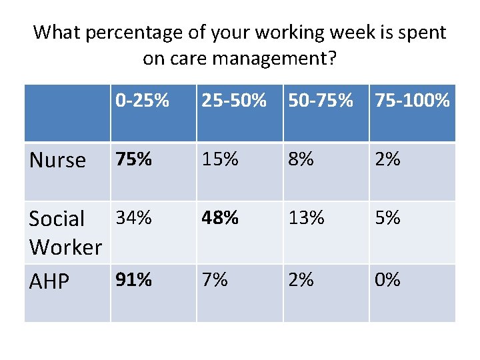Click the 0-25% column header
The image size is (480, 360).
coord(141,101)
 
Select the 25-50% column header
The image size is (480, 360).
coord(233,101)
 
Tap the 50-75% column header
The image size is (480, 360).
coord(320,101)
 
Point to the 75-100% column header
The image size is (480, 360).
coord(412,101)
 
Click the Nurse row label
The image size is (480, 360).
coord(58,160)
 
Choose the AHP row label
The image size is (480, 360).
coord(49,282)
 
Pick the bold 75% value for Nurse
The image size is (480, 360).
coord(133,159)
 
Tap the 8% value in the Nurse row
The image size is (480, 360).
coord(299,159)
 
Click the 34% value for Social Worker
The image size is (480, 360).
coord(133,217)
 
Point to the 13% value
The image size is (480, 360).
coord(306,217)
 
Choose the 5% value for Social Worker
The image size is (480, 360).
coord(387,217)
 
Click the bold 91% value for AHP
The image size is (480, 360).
coord(133,279)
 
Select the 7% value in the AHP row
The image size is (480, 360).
coord(215,279)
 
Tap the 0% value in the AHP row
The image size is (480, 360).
coord(387,279)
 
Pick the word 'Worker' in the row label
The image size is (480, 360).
coord(65,247)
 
